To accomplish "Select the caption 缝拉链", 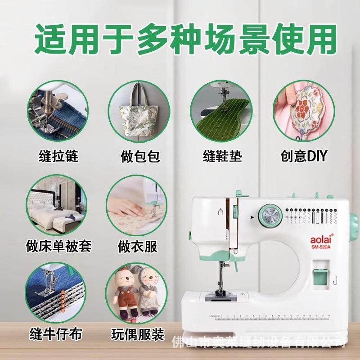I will pyautogui.click(x=58, y=157).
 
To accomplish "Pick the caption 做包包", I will pyautogui.click(x=140, y=157).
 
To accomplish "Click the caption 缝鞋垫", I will pyautogui.click(x=222, y=157).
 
